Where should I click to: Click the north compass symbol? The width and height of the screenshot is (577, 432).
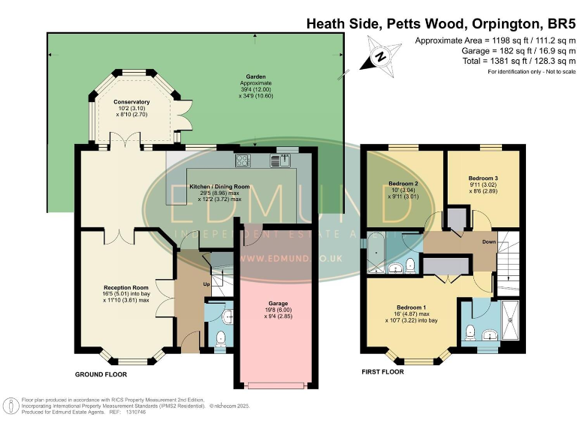(x=382, y=56)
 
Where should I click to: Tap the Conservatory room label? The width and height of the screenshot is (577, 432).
(x=131, y=102)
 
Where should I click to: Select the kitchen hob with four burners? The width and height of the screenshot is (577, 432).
(x=243, y=160)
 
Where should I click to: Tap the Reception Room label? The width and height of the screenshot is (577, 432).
(x=126, y=286)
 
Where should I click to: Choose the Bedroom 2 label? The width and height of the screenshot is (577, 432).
(x=403, y=184)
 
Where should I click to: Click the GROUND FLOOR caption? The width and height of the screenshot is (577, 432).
(x=101, y=373)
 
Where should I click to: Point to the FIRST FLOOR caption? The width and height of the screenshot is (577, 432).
(x=383, y=371)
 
